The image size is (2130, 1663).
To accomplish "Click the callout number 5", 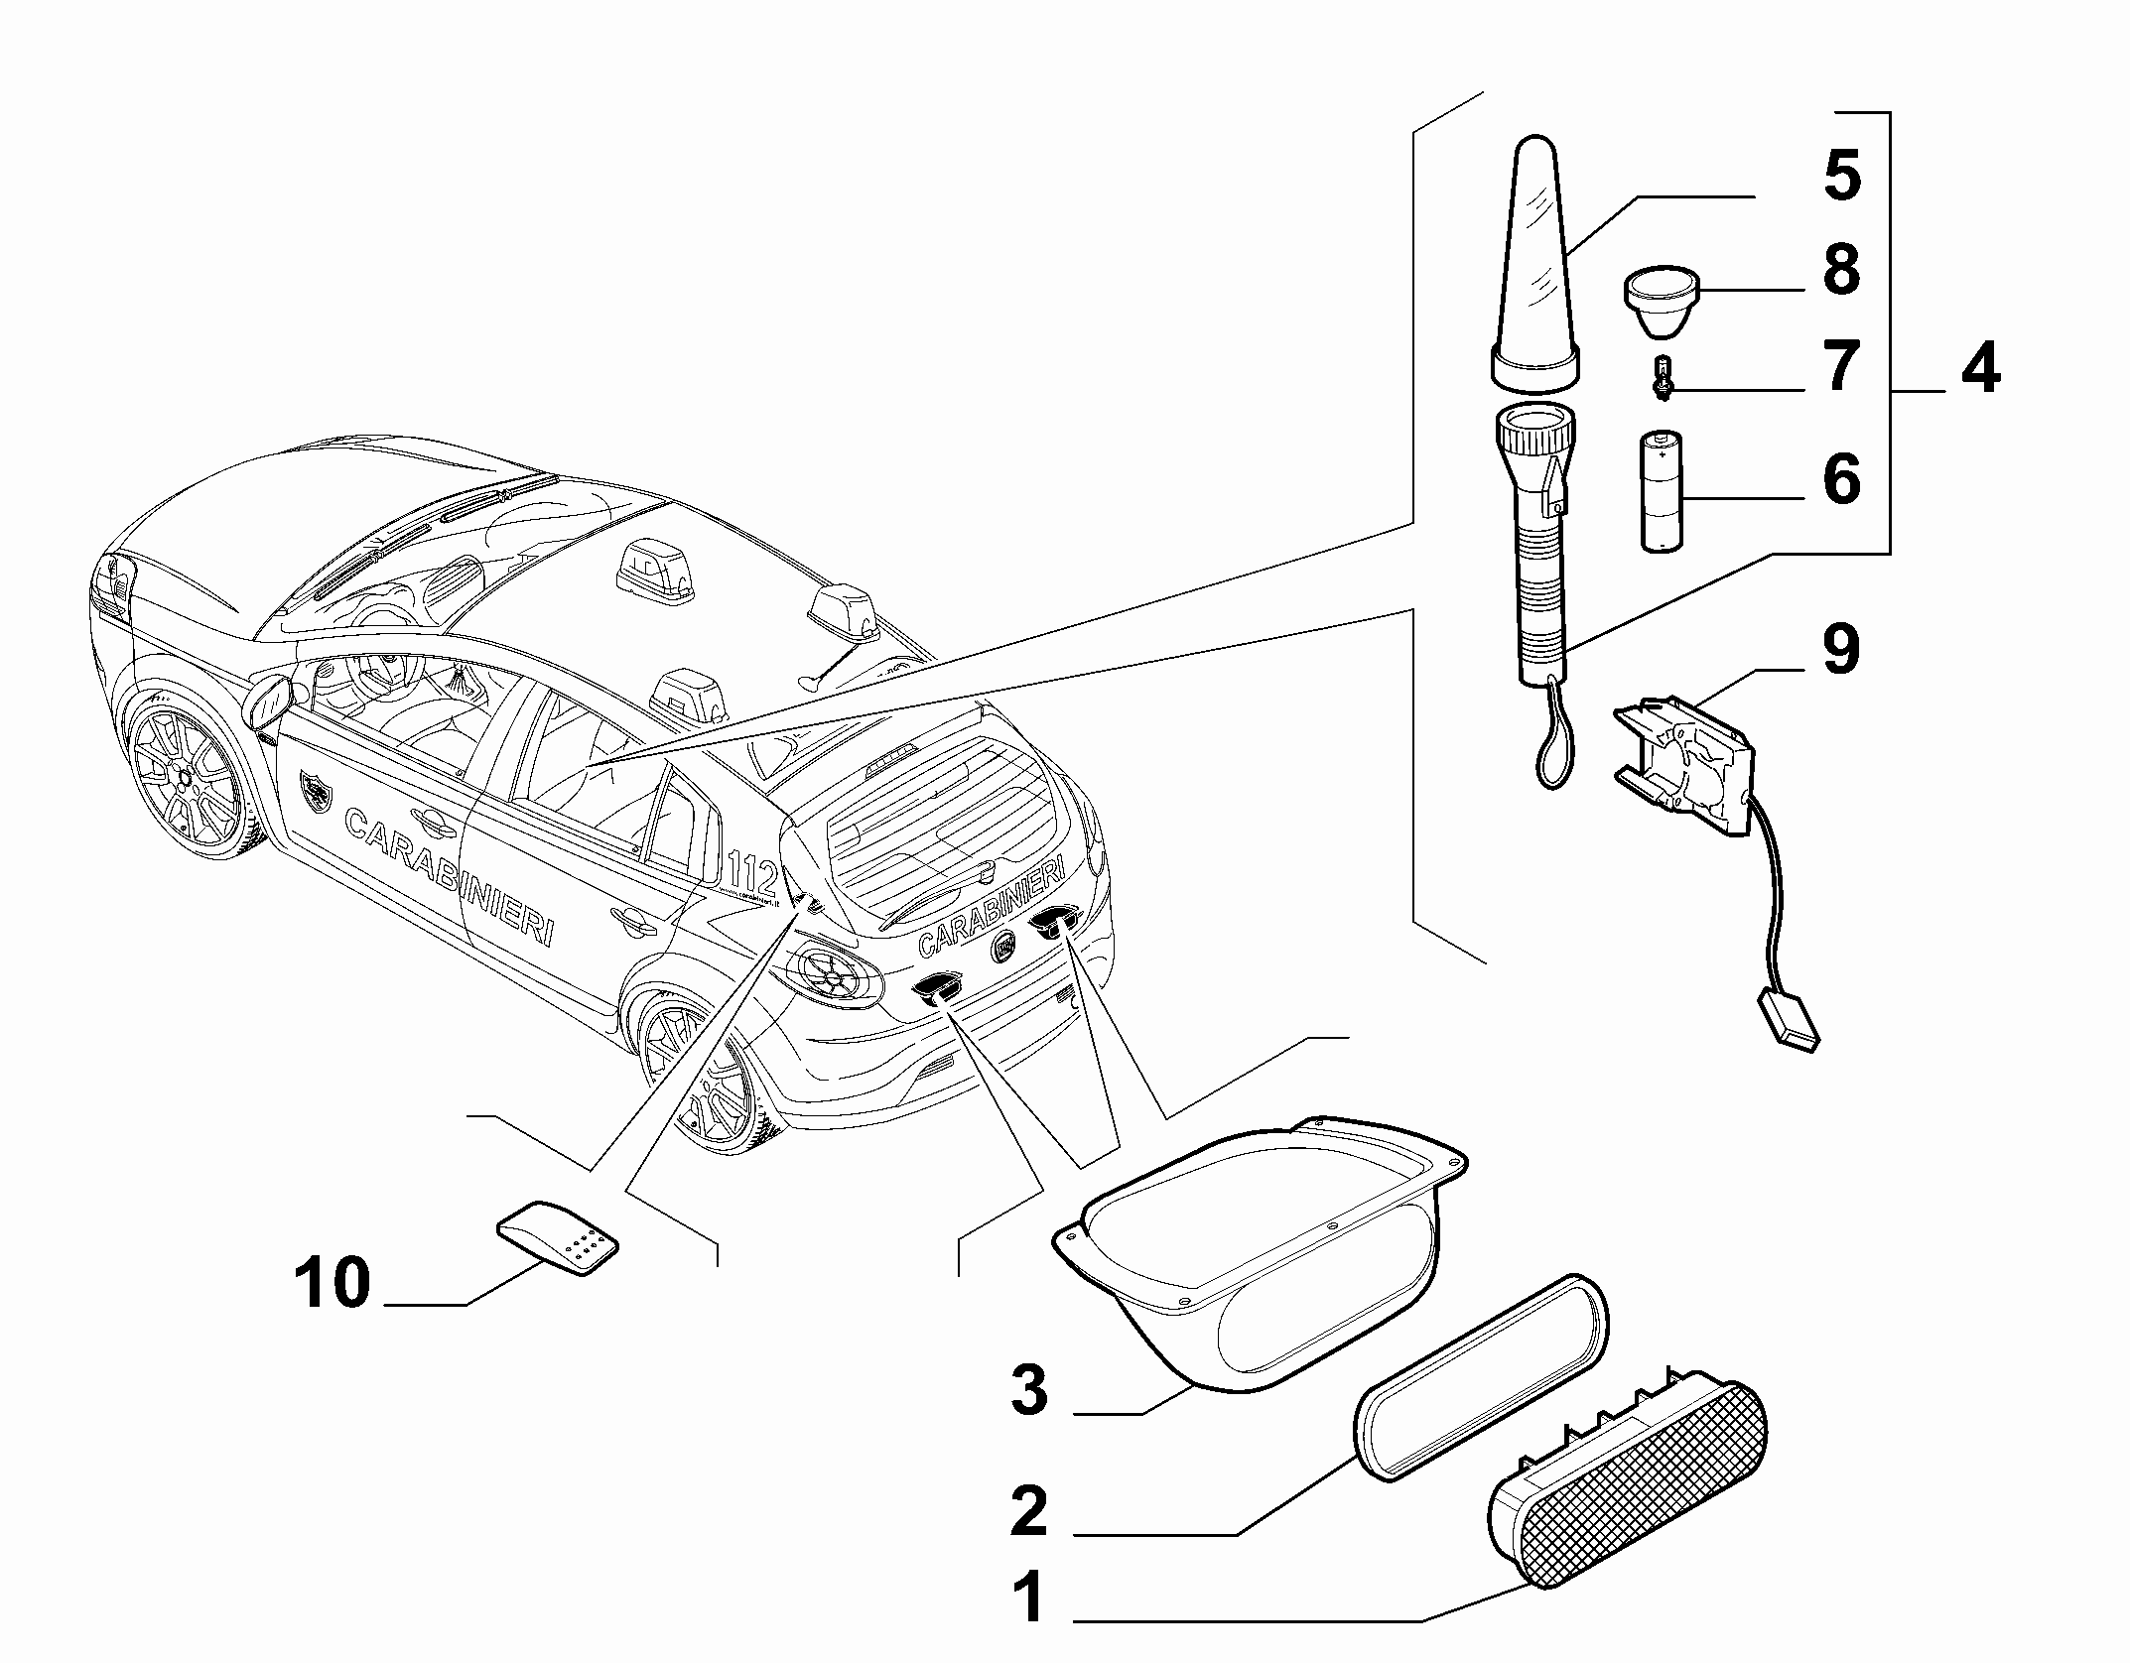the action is tap(1842, 176).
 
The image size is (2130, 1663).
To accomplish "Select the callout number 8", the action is tap(1842, 269).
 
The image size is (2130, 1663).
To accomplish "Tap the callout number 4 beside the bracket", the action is tap(1981, 369).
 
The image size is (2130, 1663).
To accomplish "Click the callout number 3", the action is tap(1029, 1390).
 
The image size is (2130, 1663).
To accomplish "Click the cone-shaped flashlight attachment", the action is tap(1536, 260).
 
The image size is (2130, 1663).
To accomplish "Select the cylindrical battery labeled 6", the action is tap(1662, 489).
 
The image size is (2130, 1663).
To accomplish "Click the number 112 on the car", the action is tap(752, 873).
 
